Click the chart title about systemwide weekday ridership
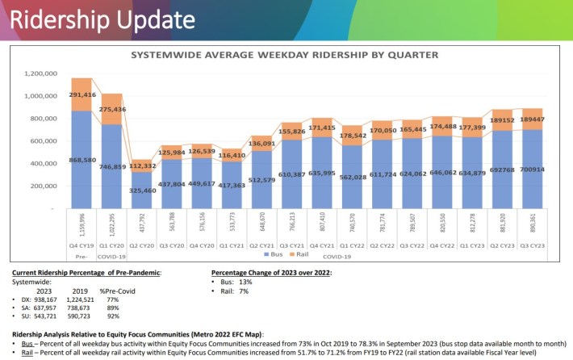(x=279, y=56)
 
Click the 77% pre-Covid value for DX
(x=109, y=299)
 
